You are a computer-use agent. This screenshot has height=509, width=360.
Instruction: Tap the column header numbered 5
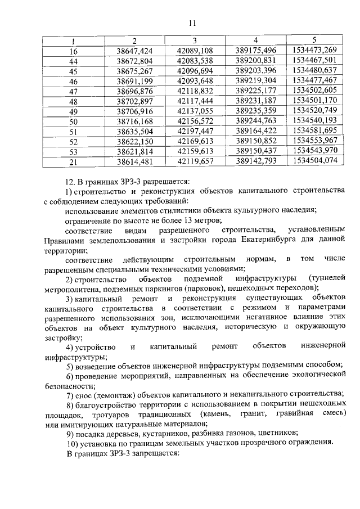314,40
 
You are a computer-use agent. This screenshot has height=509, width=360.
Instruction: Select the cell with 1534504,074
315,161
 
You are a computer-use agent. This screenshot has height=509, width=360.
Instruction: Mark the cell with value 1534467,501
315,61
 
